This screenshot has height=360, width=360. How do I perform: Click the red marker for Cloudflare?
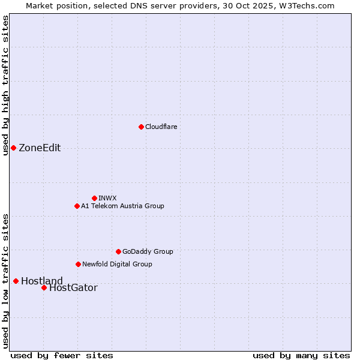141,127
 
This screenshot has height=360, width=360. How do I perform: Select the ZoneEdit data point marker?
13,148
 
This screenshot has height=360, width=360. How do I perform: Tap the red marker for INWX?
94,198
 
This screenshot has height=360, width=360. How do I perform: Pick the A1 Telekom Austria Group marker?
77,206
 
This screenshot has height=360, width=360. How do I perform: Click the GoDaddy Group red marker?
118,251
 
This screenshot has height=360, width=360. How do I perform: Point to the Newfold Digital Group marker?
78,264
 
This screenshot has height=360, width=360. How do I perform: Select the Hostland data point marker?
16,281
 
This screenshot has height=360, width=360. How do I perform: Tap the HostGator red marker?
44,287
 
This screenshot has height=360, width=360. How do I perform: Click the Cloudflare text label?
161,127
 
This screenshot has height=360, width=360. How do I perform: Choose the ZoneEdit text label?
40,148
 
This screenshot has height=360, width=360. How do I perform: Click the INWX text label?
107,198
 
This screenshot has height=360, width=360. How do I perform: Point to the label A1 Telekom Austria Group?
122,206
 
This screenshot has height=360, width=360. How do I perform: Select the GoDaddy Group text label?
148,251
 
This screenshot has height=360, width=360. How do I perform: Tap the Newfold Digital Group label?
117,264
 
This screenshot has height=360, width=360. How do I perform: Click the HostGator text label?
73,288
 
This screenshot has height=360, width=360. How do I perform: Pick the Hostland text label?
42,281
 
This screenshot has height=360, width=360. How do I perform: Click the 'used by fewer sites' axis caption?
62,355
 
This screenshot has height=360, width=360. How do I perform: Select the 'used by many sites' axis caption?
301,355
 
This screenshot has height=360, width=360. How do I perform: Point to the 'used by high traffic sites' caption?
5,85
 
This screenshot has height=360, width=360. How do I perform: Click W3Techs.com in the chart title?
305,5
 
